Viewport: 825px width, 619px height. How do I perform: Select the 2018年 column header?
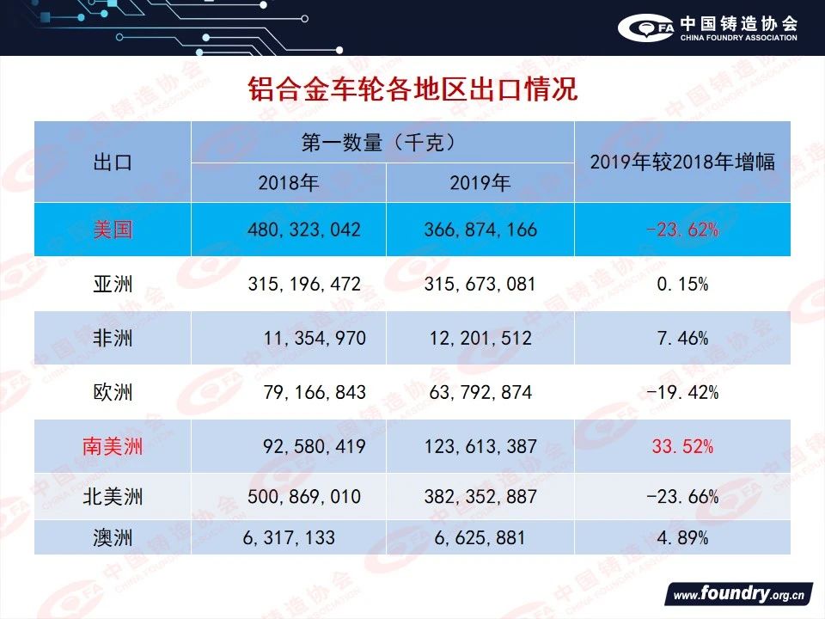click(289, 183)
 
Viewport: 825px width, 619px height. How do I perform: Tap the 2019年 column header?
click(480, 183)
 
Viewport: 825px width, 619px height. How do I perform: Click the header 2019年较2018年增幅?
click(682, 162)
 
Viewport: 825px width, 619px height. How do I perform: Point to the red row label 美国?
click(113, 230)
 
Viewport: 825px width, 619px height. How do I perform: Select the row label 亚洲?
click(113, 284)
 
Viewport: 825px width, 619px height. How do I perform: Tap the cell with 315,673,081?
click(480, 284)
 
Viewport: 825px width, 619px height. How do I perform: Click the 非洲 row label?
click(113, 338)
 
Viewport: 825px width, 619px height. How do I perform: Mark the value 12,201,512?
click(481, 338)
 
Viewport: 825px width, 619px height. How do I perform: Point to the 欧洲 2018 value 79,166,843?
click(314, 392)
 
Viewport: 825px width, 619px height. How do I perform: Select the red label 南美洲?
click(113, 446)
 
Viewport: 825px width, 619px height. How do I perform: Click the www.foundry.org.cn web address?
click(737, 595)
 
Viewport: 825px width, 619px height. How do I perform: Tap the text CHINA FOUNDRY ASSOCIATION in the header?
click(738, 38)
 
